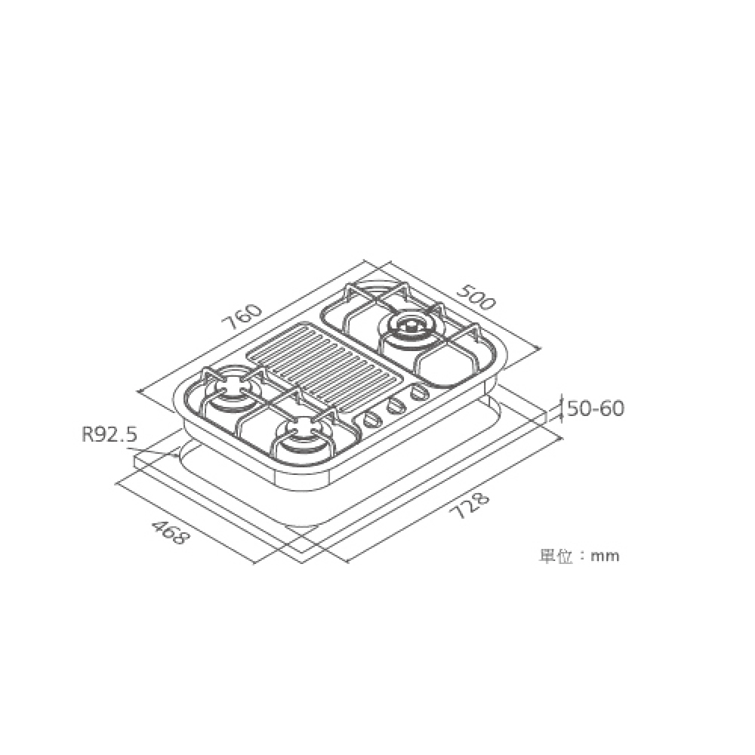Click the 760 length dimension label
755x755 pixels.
click(x=243, y=317)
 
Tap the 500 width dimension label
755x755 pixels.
click(x=475, y=297)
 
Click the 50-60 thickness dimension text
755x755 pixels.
click(x=596, y=408)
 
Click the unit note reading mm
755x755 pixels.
click(x=605, y=556)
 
